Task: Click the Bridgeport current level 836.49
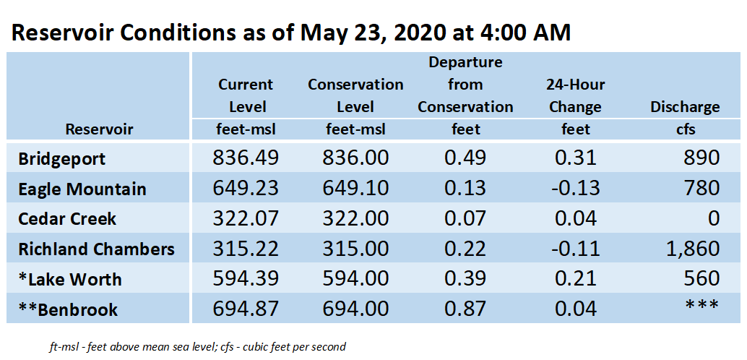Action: pos(246,158)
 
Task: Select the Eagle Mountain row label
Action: pos(82,189)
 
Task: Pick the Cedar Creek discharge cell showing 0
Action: pos(713,218)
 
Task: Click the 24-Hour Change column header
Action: pos(575,96)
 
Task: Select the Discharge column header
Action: pos(685,107)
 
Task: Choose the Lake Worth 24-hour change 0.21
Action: pos(576,278)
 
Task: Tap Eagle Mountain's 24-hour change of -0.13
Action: pos(576,189)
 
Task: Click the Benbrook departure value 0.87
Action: pos(465,309)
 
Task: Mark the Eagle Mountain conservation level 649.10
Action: pos(355,189)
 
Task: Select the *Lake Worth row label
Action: pos(69,280)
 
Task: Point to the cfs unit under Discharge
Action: pos(685,129)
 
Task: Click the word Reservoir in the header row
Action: pos(100,129)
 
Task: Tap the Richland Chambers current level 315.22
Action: pos(246,249)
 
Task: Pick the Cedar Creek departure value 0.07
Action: pos(465,218)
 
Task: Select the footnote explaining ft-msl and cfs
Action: pos(197,347)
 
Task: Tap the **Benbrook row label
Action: pos(68,309)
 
